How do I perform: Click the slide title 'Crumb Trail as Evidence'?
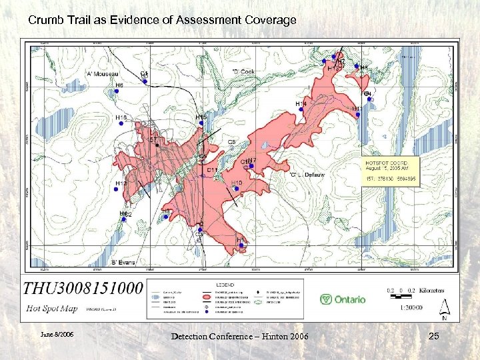click(162, 20)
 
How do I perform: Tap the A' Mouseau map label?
click(102, 74)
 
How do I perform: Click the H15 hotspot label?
click(201, 117)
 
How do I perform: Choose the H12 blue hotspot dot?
click(116, 189)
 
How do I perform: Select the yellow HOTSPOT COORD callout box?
click(390, 171)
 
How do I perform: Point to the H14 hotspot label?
click(301, 104)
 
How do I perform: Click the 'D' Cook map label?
click(243, 72)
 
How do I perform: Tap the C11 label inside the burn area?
click(213, 171)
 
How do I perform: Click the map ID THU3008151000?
click(83, 289)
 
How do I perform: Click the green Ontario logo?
click(343, 299)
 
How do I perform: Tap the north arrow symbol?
click(445, 309)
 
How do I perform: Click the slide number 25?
click(433, 337)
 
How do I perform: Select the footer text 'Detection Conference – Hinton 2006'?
click(239, 337)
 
